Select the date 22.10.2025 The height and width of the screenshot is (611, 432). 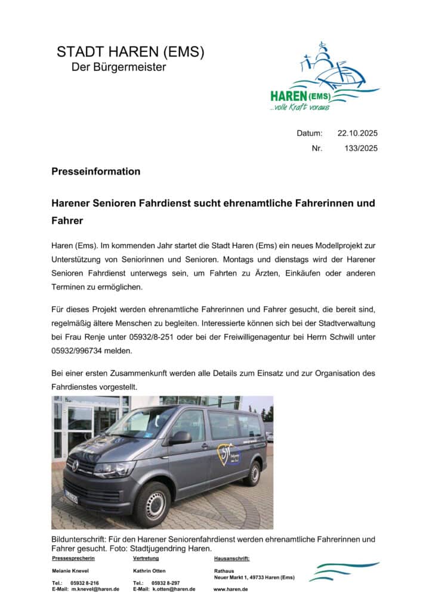point(357,133)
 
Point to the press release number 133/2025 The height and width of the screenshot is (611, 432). point(361,149)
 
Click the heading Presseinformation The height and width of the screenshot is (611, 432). point(95,172)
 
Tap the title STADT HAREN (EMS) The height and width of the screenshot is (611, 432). point(130,52)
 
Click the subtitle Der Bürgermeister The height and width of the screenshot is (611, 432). point(119,67)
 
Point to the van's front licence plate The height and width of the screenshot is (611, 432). point(71,496)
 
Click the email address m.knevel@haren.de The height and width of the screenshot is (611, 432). point(95,589)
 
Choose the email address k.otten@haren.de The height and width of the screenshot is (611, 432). point(174,589)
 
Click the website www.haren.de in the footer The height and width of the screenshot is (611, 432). point(230,589)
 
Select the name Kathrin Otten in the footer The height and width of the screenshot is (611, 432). point(149,571)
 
